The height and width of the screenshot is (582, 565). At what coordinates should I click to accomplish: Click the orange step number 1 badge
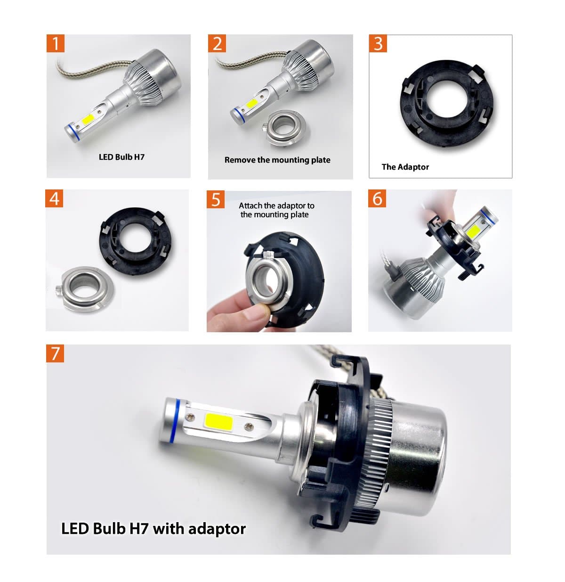pyautogui.click(x=56, y=43)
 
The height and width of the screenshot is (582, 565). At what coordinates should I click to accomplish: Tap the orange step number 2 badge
pyautogui.click(x=217, y=43)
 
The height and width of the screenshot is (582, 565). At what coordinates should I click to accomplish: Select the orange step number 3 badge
pyautogui.click(x=378, y=43)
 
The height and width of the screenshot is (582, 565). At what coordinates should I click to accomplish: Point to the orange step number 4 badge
pyautogui.click(x=55, y=198)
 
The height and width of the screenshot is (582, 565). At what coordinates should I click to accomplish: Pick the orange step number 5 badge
pyautogui.click(x=216, y=199)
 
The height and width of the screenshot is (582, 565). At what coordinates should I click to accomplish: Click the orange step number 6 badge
pyautogui.click(x=378, y=198)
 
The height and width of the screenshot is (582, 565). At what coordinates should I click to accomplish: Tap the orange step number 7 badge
pyautogui.click(x=55, y=353)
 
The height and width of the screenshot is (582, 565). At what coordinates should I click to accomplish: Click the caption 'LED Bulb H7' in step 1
pyautogui.click(x=121, y=157)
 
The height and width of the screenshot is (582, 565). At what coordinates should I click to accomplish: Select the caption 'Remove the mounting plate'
pyautogui.click(x=277, y=160)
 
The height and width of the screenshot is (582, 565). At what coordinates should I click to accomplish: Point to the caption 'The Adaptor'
pyautogui.click(x=405, y=167)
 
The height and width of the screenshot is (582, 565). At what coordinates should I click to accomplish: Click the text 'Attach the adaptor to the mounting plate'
pyautogui.click(x=276, y=210)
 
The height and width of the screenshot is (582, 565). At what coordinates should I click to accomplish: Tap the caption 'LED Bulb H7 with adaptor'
pyautogui.click(x=153, y=528)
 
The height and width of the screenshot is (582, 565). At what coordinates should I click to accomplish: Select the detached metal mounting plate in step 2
pyautogui.click(x=280, y=128)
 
